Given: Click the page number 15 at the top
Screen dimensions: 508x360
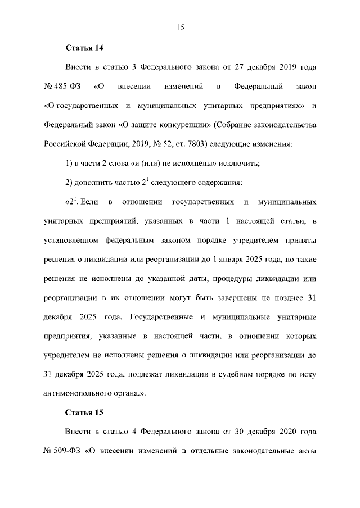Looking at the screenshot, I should tap(180, 27).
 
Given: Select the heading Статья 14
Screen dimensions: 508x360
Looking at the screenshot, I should tap(84, 47).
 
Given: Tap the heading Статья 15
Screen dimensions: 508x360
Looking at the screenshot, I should tap(84, 412).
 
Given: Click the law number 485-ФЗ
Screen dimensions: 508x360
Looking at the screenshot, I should tap(67, 87).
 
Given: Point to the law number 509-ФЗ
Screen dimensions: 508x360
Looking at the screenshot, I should tap(67, 452).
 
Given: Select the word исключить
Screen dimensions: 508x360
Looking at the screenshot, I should tap(238, 163).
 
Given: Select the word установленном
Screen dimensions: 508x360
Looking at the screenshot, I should tap(71, 240).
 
